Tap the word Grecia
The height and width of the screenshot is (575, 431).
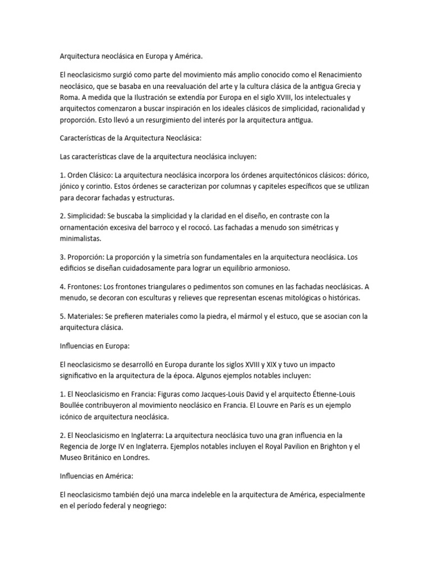(x=343, y=87)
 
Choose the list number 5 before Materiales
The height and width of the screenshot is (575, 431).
(x=62, y=317)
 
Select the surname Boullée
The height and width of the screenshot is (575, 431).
(x=74, y=404)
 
